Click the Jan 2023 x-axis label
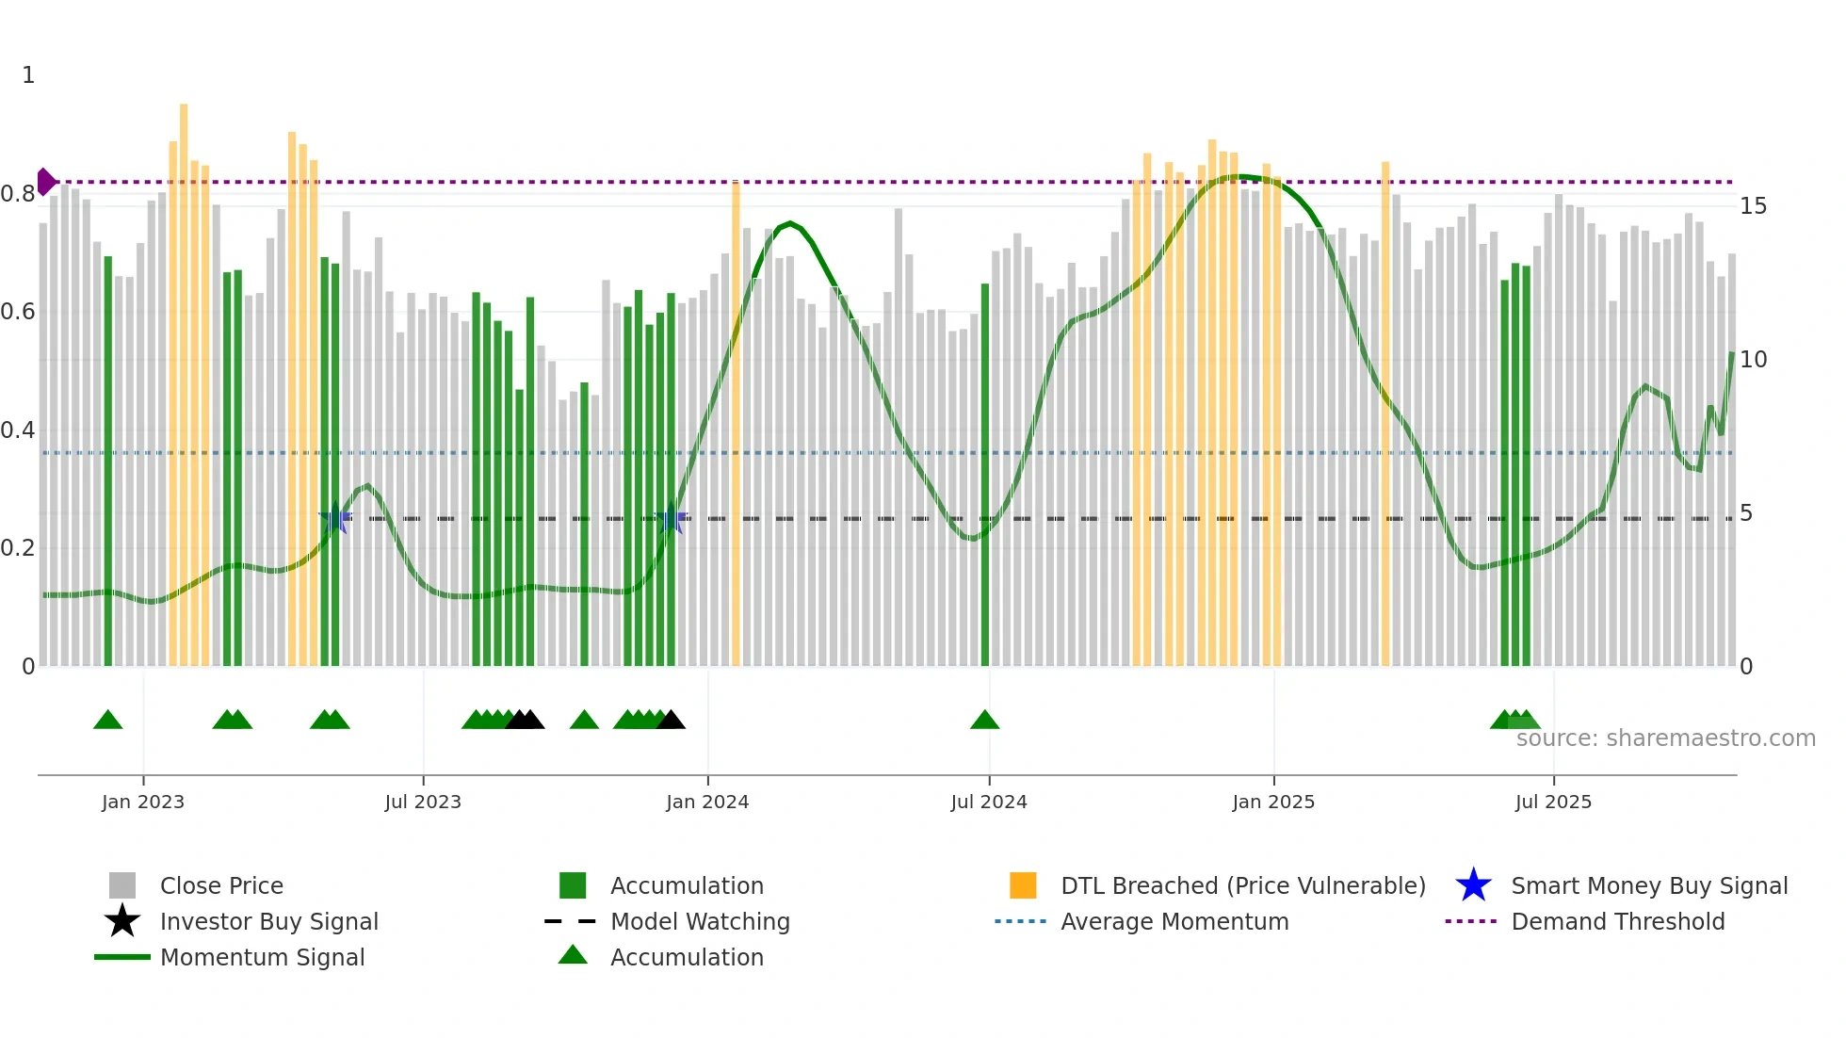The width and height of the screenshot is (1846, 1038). (x=143, y=802)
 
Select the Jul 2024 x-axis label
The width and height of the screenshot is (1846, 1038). (x=988, y=802)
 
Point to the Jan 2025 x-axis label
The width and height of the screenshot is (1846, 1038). (x=1272, y=802)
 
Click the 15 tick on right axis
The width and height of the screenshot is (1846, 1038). (x=1753, y=206)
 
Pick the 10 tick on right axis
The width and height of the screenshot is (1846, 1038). (x=1753, y=360)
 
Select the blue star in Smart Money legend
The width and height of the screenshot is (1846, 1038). (x=1473, y=885)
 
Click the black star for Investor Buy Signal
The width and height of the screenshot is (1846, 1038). (x=122, y=921)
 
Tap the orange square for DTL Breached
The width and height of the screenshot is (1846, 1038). (x=1023, y=885)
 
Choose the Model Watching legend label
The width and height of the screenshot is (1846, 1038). (x=700, y=921)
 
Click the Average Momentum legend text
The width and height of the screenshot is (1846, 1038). (x=1174, y=921)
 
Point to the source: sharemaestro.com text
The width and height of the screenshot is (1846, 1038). (x=1665, y=738)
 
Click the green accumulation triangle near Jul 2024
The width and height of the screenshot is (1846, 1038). (x=984, y=721)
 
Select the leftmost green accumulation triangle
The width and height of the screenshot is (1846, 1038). (x=108, y=721)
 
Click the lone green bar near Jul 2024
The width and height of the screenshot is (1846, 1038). (x=985, y=471)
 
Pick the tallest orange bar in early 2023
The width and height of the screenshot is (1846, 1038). (x=184, y=377)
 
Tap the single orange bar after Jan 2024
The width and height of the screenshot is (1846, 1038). (x=736, y=424)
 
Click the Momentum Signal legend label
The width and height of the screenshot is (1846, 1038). (x=262, y=957)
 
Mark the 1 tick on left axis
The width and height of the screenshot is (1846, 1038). (x=28, y=75)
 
